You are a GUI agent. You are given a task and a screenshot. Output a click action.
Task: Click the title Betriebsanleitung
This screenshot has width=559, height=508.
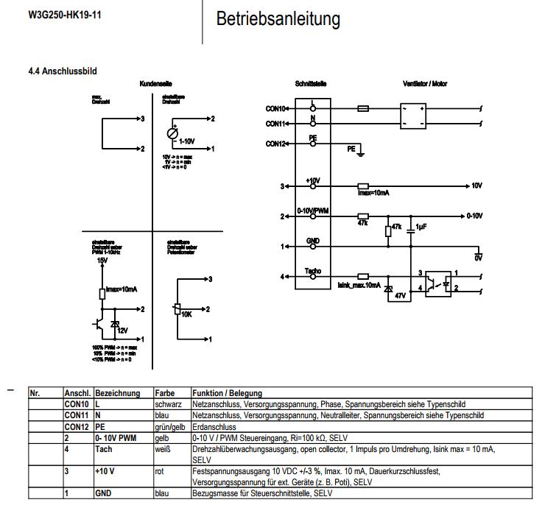point(278,19)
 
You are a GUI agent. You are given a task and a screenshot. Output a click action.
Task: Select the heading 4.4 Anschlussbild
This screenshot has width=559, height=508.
point(62,71)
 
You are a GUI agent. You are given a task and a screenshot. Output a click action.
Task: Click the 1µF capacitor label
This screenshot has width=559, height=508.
point(421,226)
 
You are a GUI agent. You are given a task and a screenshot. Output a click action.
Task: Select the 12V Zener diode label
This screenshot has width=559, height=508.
point(122,331)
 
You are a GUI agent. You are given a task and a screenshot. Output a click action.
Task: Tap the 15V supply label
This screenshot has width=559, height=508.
point(102,261)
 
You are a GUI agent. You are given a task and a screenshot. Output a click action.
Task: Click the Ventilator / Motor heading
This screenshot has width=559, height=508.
point(425,84)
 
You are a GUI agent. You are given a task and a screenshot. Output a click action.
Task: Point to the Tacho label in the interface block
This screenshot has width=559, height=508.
point(312,272)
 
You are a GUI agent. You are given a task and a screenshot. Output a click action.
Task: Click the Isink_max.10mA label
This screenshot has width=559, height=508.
point(359,285)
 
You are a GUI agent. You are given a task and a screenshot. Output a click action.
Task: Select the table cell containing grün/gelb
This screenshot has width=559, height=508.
point(169,426)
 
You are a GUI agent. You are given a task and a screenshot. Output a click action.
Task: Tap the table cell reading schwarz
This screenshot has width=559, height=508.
point(169,404)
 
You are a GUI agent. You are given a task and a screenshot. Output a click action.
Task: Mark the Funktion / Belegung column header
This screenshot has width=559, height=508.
point(227,393)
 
